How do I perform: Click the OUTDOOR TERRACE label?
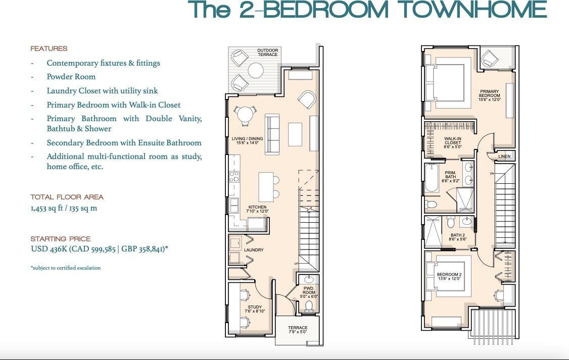267,53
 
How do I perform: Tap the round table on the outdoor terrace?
256,70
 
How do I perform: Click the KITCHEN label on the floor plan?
256,209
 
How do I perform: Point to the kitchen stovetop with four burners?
234,177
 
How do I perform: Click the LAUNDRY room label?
253,250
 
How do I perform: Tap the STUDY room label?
255,309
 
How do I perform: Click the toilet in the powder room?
309,306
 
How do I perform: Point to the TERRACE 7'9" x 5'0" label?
298,330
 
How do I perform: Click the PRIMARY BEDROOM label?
489,95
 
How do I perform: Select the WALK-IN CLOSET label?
452,143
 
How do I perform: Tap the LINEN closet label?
504,157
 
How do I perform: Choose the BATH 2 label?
457,237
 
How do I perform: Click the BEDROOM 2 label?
449,277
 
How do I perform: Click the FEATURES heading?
49,49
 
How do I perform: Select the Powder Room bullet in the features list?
71,77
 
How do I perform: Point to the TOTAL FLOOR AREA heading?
67,197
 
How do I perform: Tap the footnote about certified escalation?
65,268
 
